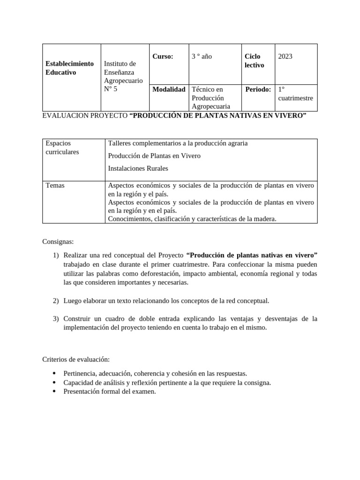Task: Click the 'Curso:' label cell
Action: (x=163, y=56)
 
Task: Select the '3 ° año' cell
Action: (x=202, y=56)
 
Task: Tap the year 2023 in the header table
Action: (x=285, y=56)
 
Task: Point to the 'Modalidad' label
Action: (x=169, y=89)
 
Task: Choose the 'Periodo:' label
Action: (x=258, y=89)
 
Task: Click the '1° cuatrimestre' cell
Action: (x=295, y=93)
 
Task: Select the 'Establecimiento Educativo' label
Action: (x=69, y=67)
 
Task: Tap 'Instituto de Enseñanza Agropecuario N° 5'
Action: (x=123, y=76)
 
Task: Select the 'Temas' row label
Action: (x=55, y=186)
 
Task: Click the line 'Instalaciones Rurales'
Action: (x=138, y=168)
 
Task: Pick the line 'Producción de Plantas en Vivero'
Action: (x=154, y=156)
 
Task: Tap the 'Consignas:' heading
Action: (x=58, y=242)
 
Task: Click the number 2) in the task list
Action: (x=55, y=300)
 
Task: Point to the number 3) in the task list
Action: (x=55, y=319)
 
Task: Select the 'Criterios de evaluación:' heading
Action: (x=76, y=359)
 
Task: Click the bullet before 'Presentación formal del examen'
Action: (x=54, y=392)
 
